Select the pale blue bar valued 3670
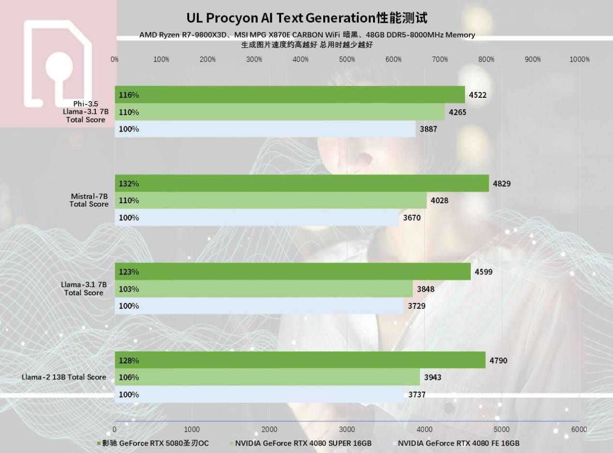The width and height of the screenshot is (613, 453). click(x=257, y=218)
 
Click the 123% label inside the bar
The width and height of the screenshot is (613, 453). click(x=129, y=272)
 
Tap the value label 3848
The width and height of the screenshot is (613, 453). click(x=426, y=289)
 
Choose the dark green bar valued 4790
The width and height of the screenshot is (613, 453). click(x=300, y=360)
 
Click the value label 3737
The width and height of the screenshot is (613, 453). click(x=417, y=394)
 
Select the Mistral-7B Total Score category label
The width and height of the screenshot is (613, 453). click(x=89, y=200)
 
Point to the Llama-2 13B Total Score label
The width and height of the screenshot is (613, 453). click(x=64, y=377)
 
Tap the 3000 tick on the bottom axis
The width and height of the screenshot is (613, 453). click(x=347, y=429)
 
